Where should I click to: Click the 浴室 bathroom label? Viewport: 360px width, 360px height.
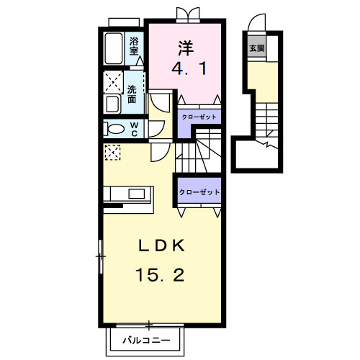point(134,46)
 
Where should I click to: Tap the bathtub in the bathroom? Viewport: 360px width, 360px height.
point(114,48)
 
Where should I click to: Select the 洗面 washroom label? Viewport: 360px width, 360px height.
point(132,94)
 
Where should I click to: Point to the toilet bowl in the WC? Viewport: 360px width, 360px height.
point(114,129)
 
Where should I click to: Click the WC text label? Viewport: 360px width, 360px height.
point(134,129)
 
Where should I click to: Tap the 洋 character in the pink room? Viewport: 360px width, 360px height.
point(186,48)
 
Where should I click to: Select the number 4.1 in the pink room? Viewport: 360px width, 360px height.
point(189,69)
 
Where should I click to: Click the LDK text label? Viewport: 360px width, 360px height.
point(162,246)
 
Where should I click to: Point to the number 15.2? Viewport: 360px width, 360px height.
point(160,275)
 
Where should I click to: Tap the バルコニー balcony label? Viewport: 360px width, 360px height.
point(146,340)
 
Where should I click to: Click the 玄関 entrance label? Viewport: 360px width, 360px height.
point(257,48)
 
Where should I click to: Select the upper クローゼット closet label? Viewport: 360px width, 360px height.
point(199,117)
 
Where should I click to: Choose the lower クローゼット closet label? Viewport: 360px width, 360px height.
point(199,192)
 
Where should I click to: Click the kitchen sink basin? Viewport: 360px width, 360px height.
point(137,194)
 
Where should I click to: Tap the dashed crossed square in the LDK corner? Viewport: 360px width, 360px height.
point(112,152)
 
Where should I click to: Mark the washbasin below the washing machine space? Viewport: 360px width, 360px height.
point(112,104)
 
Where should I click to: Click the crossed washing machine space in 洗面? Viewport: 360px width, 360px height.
point(113,82)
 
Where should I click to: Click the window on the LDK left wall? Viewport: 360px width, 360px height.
point(101,256)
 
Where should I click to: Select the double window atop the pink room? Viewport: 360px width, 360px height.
point(188,14)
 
